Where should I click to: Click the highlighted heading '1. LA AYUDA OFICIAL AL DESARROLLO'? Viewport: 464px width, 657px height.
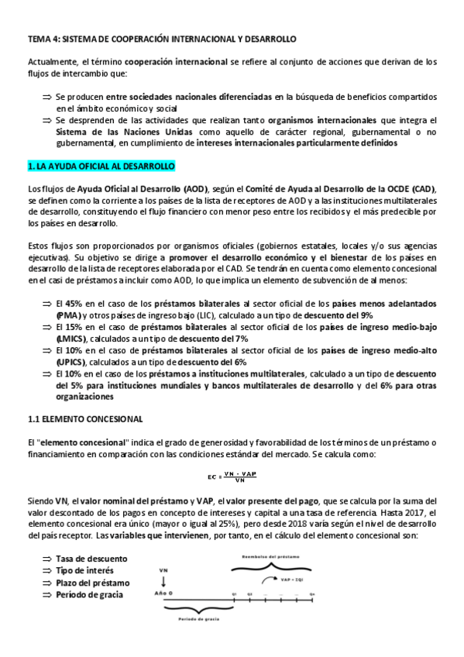101,167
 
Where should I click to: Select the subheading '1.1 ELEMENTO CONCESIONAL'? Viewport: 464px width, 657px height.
85,419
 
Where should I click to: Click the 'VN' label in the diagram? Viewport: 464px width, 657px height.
163,569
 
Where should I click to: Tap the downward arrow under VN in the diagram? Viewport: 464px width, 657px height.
163,582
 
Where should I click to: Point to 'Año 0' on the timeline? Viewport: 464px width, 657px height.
162,593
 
